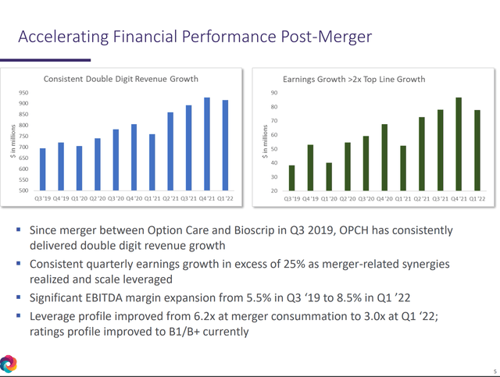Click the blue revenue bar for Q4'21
click(x=206, y=144)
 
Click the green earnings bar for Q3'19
click(x=291, y=178)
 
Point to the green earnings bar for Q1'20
click(x=328, y=176)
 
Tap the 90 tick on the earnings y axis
click(x=274, y=92)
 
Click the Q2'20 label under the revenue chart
click(x=97, y=199)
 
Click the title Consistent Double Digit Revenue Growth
click(x=120, y=79)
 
